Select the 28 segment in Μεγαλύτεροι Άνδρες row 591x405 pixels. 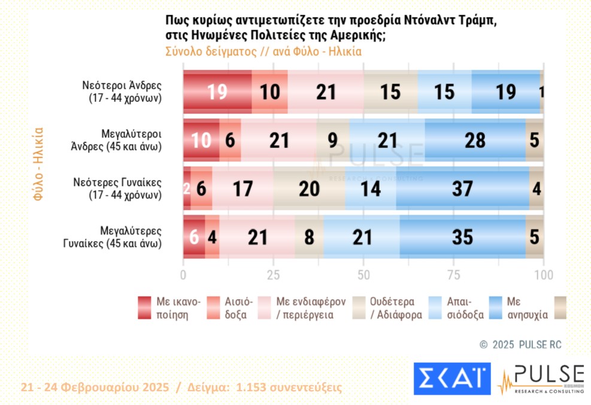pos(475,140)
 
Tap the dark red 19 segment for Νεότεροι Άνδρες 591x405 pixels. pos(217,91)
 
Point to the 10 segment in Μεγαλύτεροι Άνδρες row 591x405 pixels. pos(201,140)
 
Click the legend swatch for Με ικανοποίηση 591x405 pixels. pos(146,307)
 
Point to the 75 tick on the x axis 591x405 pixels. pos(454,275)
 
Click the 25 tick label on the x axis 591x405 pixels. pos(274,275)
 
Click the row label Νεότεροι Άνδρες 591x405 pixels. pos(122,91)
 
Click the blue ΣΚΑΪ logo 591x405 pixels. pos(452,379)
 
